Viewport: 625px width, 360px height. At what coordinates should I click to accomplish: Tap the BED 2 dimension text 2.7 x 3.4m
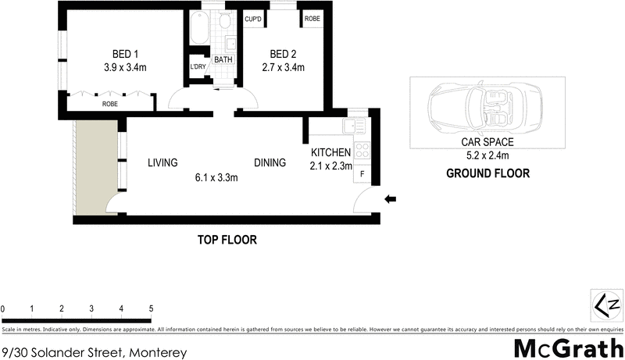(282, 68)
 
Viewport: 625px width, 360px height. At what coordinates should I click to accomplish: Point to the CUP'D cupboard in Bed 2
(253, 19)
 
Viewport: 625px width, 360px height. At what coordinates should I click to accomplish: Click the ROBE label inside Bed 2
(312, 19)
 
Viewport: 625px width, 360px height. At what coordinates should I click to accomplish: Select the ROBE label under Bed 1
(110, 103)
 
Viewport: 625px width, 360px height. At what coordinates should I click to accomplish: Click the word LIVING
(163, 163)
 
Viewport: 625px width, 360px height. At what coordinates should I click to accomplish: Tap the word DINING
(270, 163)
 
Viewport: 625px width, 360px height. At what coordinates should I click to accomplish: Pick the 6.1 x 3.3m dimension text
(216, 177)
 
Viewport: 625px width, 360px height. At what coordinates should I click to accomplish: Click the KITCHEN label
(331, 151)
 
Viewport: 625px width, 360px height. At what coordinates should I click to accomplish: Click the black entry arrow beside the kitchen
(391, 200)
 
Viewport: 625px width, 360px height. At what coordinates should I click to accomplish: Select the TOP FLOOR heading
(227, 240)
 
